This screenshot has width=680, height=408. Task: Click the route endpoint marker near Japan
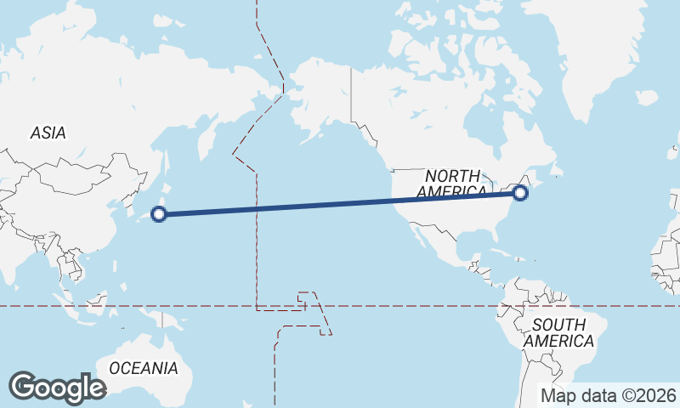coord(158,214)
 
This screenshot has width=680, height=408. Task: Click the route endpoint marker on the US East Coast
coord(520,194)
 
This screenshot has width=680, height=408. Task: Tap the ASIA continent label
coord(48,133)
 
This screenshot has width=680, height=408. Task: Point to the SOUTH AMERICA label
coord(558,332)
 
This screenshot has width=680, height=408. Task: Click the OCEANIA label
coord(144,368)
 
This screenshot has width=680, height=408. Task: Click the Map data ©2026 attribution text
coord(609,395)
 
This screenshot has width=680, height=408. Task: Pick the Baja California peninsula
coord(412,233)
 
